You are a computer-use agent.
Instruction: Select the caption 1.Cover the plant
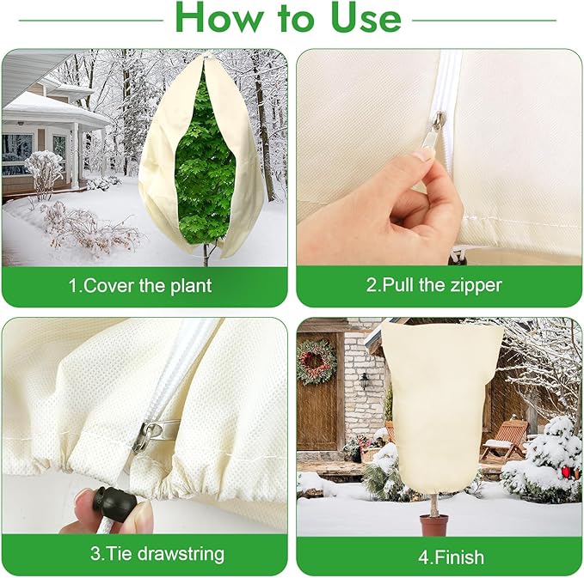coord(140,285)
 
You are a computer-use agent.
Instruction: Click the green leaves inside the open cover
coord(205,163)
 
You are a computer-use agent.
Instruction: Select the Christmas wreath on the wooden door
coord(317,362)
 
